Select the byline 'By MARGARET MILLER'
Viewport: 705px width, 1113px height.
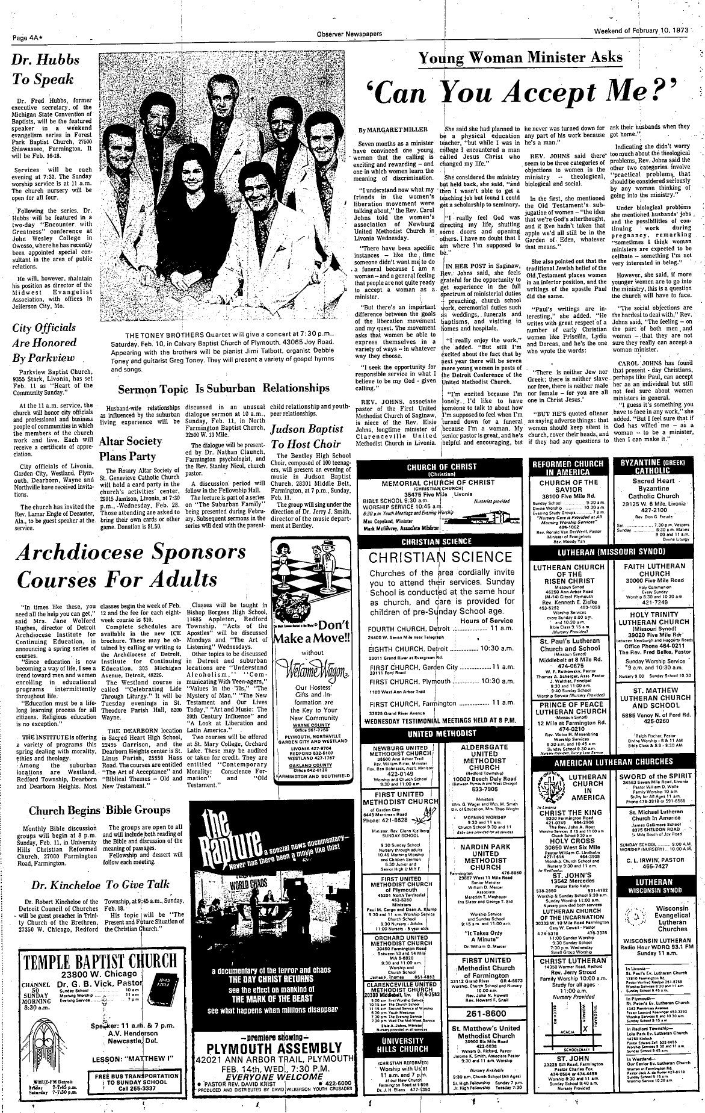385,130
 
